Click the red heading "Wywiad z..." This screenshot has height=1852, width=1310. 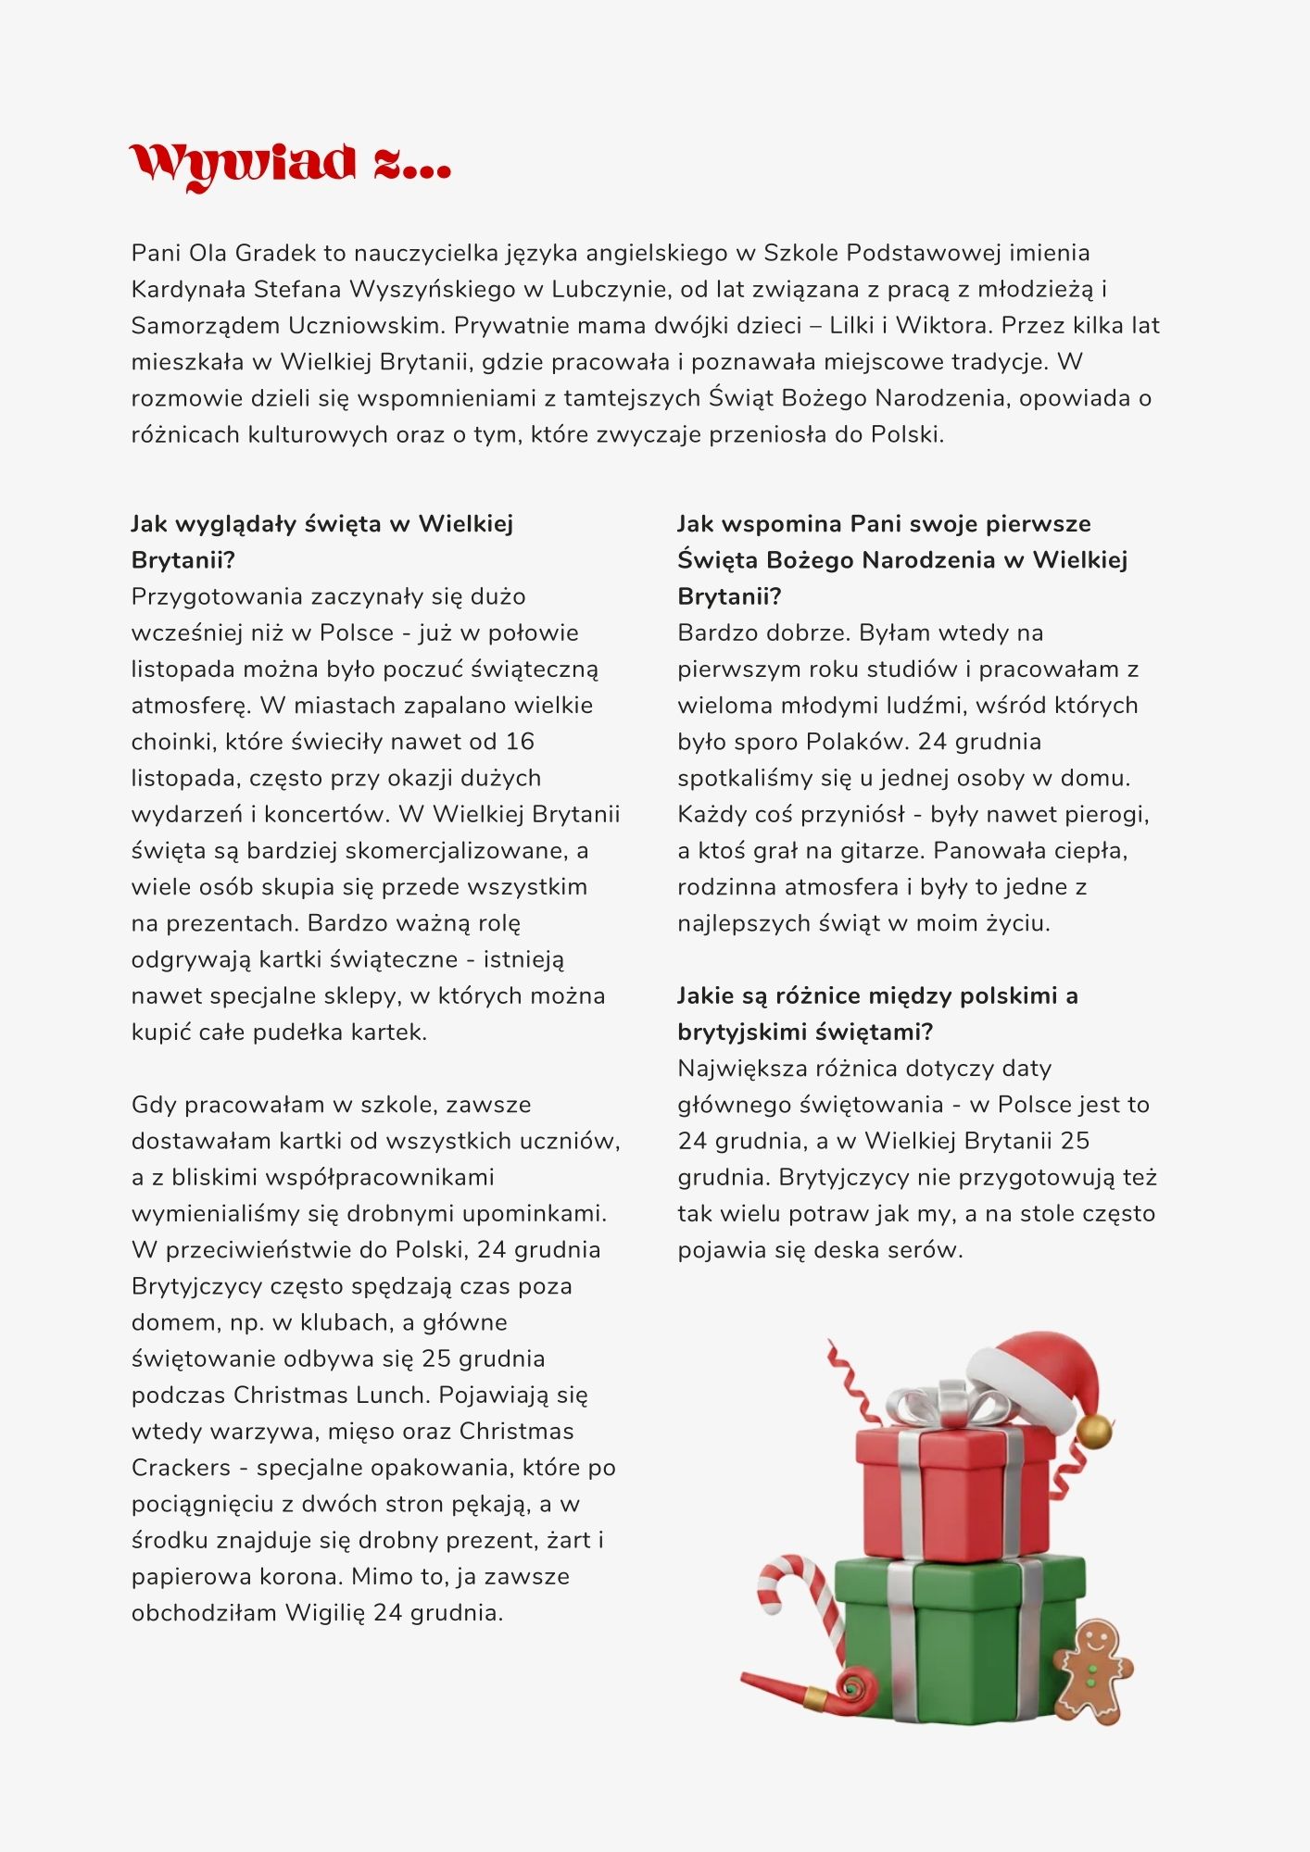coord(290,165)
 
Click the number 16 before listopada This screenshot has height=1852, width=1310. coord(520,742)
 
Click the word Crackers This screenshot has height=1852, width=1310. coord(181,1468)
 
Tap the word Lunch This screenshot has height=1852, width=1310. coord(393,1395)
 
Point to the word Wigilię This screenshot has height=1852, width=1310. coord(324,1612)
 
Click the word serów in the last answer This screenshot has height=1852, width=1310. coord(933,1250)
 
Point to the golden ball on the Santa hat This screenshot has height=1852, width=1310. coord(1094,1430)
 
